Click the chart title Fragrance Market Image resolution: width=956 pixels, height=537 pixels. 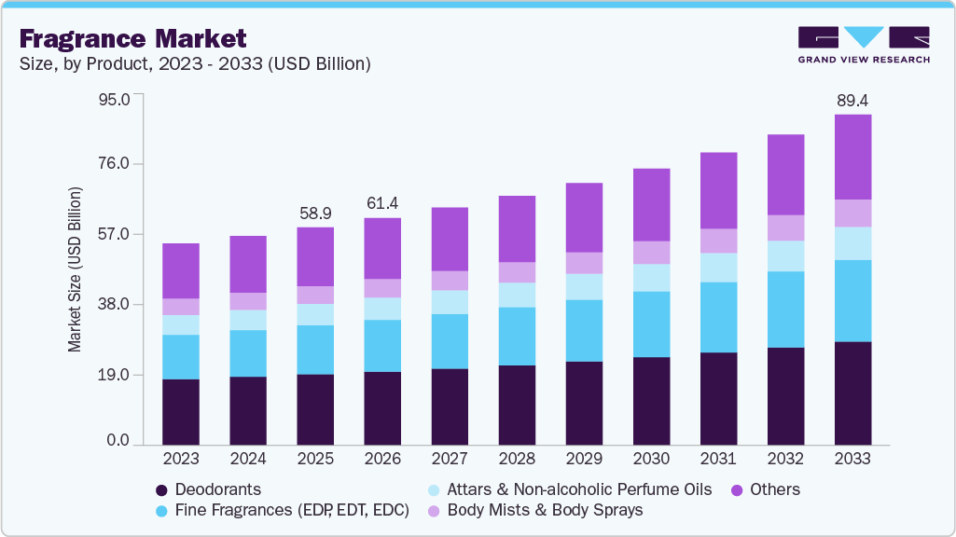[132, 38]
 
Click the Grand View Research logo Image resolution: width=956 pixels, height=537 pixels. [863, 45]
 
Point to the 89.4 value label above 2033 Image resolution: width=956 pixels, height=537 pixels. [852, 100]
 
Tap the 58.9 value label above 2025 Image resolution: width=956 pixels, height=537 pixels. [315, 213]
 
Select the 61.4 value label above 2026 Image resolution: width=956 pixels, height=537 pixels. [382, 203]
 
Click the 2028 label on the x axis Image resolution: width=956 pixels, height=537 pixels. [517, 460]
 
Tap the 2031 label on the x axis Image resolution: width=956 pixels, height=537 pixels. [718, 460]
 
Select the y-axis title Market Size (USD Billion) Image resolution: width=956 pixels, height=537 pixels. [75, 269]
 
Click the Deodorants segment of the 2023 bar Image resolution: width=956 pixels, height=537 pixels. [181, 411]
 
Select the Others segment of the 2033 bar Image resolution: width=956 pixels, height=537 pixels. [852, 157]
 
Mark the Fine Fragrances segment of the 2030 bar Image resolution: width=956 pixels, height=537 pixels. [651, 324]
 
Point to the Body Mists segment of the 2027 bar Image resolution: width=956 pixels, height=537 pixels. [450, 281]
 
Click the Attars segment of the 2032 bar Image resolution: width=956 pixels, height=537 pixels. [785, 256]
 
